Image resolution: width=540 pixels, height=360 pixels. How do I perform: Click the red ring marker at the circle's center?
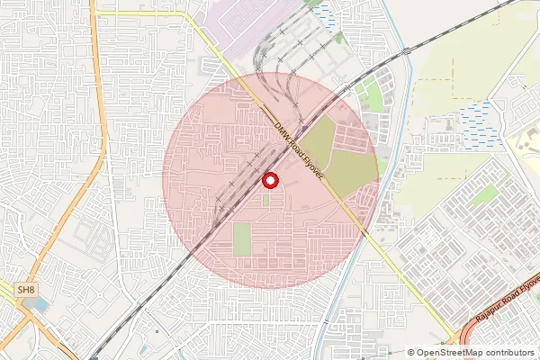pos(268,180)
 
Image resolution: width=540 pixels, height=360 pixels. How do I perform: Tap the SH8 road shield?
pos(28,290)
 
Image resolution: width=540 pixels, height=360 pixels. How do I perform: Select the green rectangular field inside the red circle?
pos(240,239)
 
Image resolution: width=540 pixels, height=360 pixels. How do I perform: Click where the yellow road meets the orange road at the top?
pos(99,13)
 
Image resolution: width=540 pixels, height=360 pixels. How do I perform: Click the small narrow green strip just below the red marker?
pos(265,199)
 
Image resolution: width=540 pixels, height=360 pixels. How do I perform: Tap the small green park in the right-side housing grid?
pos(486,195)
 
